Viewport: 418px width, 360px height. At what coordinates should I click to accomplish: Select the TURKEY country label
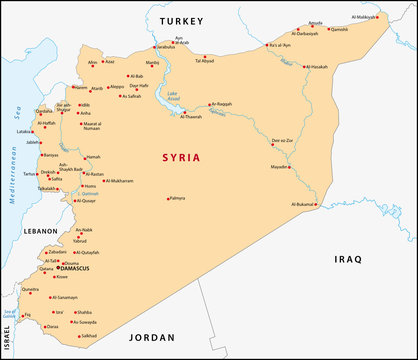pyautogui.click(x=181, y=21)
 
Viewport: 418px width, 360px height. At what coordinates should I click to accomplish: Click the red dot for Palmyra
pyautogui.click(x=167, y=198)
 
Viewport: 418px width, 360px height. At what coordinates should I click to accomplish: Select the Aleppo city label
pyautogui.click(x=119, y=87)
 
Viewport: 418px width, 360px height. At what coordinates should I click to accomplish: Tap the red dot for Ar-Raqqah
pyautogui.click(x=208, y=105)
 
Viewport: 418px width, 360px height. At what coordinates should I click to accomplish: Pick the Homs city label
pyautogui.click(x=90, y=185)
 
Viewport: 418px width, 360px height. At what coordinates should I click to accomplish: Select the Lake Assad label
pyautogui.click(x=173, y=96)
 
